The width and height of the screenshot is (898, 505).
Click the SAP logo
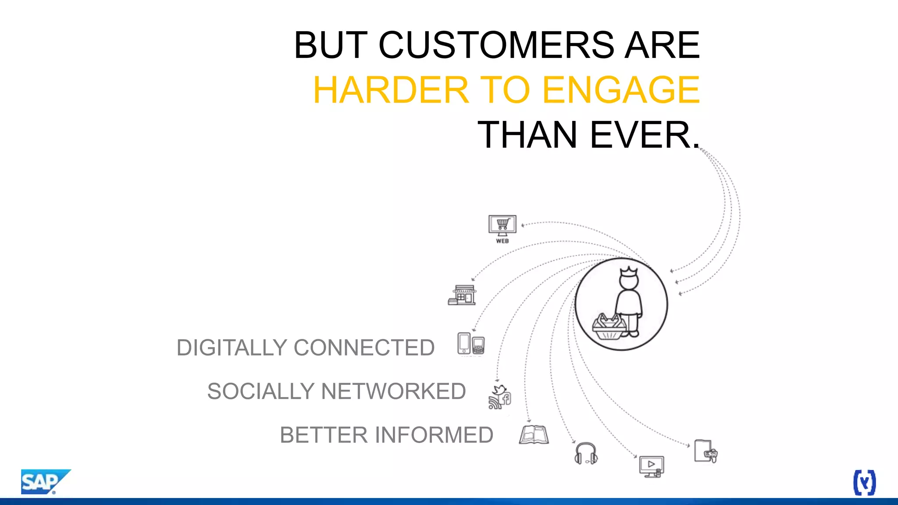[x=44, y=482]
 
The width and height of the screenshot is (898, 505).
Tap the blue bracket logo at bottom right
[x=864, y=483]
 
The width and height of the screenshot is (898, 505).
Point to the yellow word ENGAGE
[x=620, y=90]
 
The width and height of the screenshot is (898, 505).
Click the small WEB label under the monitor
[x=502, y=241]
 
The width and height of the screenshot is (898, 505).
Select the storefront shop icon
[x=462, y=295]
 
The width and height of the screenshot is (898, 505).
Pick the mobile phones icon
[x=470, y=344]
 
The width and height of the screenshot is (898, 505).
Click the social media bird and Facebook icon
[x=499, y=397]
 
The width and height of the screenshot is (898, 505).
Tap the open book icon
[x=534, y=435]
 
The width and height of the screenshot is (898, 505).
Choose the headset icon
[x=586, y=453]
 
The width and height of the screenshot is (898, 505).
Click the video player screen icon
[x=651, y=466]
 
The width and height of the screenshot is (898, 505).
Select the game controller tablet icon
[x=706, y=451]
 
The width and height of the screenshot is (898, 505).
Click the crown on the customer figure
[x=629, y=271]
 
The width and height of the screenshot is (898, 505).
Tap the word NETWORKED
[x=393, y=391]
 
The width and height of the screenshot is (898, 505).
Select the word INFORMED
[x=434, y=435]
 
